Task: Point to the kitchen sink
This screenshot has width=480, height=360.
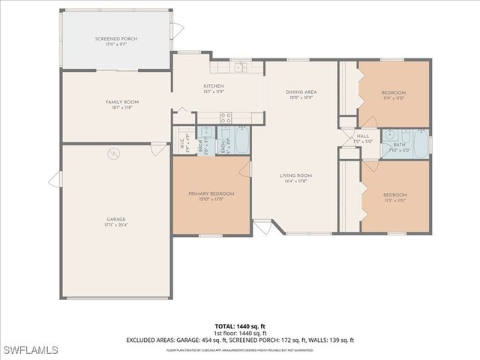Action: pos(240,68)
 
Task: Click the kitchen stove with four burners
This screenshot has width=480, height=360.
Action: pos(224,116)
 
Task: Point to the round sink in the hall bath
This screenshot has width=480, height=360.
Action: pos(390,134)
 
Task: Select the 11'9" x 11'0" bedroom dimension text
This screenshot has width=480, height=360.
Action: pos(393,98)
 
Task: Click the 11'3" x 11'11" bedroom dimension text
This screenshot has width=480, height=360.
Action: pos(394,200)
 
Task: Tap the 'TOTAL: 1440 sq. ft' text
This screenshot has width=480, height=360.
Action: pos(240,326)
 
